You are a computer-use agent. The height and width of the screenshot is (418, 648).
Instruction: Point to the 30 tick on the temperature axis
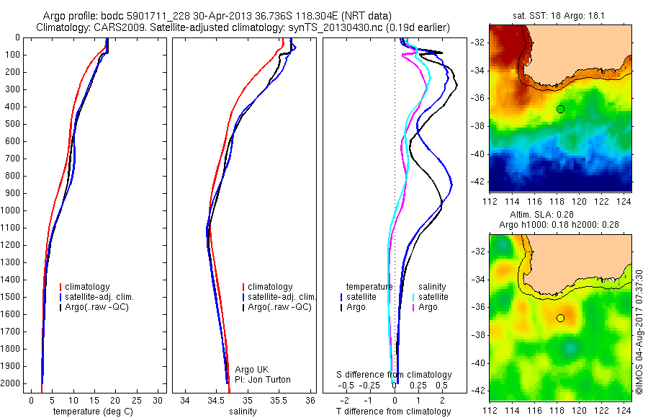pos(158,399)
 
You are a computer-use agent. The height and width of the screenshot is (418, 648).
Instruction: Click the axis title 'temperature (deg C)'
pos(94,412)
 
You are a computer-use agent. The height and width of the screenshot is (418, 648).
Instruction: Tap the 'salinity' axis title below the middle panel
pos(243,412)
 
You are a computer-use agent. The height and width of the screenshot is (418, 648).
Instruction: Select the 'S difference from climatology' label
pos(395,375)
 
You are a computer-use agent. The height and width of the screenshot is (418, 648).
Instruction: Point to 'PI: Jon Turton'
pos(254,379)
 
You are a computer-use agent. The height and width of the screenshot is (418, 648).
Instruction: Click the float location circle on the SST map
pos(560,109)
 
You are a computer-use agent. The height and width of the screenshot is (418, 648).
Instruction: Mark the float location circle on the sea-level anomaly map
pos(560,318)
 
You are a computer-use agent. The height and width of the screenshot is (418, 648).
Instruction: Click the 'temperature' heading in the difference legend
pos(369,286)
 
